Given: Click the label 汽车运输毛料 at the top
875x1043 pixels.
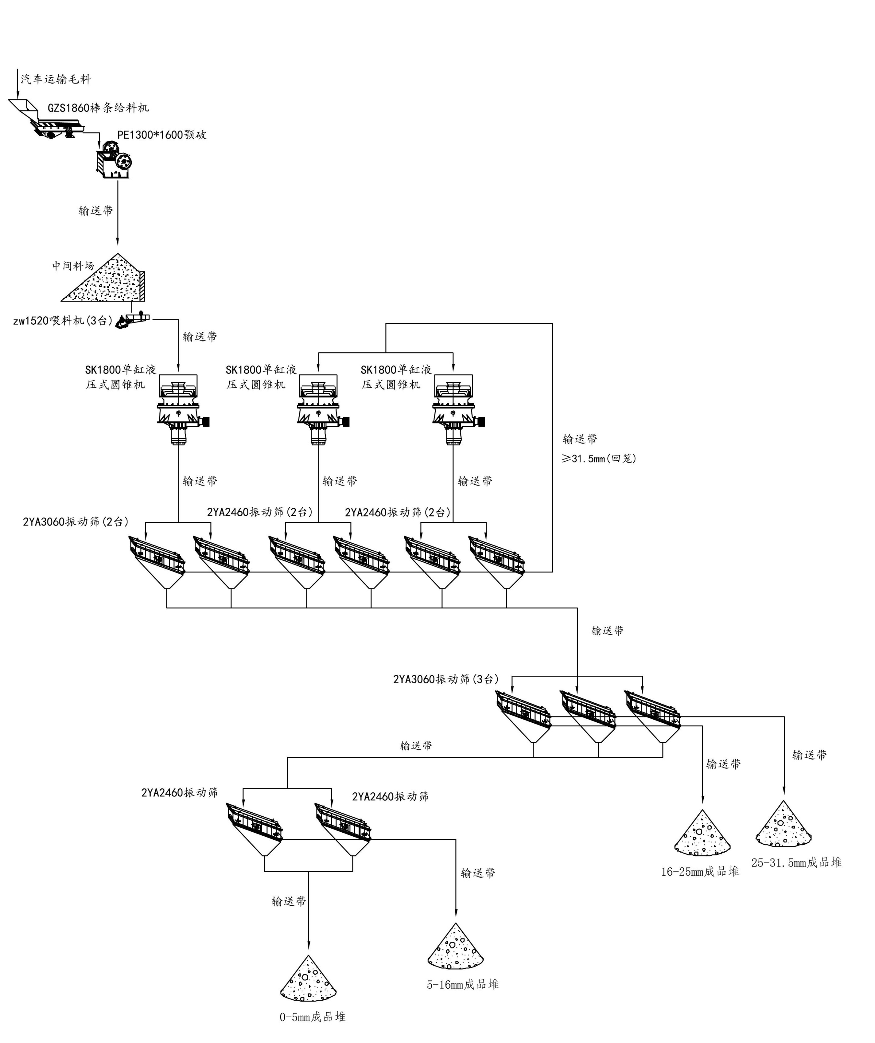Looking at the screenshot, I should pos(56,79).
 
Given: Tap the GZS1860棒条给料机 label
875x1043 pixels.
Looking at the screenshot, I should pos(98,108).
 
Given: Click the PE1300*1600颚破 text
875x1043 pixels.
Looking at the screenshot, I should pos(162,135).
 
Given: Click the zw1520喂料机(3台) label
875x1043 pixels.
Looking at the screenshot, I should pos(63,321).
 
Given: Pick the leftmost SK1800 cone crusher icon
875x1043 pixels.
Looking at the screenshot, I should pos(179,408).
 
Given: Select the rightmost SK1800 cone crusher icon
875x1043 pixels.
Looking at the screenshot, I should pos(454,408).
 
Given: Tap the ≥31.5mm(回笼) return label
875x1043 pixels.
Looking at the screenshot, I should pos(599,459).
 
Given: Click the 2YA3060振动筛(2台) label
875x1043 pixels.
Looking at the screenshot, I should pos(76,521).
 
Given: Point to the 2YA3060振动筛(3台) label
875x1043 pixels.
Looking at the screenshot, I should pos(446,679).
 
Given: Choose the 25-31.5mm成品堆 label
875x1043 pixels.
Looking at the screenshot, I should pos(796,862).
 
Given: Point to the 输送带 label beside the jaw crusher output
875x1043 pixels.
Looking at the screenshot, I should pos(96,211).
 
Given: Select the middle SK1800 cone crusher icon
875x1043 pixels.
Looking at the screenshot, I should pos(319,408).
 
